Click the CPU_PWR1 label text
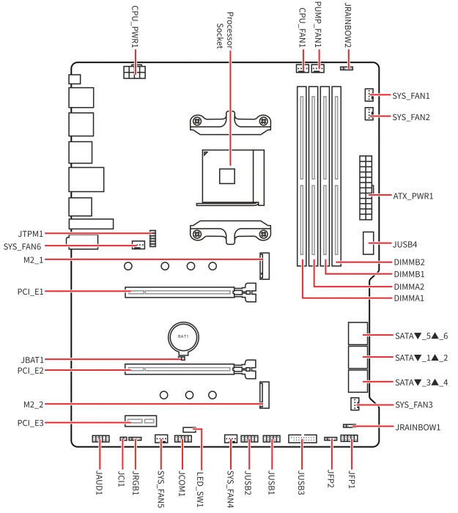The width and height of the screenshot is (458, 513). tap(135, 26)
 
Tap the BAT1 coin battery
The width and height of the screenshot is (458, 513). tap(183, 337)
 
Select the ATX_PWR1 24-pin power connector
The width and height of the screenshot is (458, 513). tap(366, 188)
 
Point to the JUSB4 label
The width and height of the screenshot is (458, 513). tap(405, 244)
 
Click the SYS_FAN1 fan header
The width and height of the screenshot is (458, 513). tap(369, 95)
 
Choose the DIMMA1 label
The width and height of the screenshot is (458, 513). tap(409, 298)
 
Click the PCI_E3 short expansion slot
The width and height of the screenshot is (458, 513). tap(141, 421)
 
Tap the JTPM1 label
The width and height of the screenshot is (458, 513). tap(31, 234)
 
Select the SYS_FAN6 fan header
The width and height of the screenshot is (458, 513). tap(138, 245)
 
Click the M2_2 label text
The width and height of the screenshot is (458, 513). tap(34, 405)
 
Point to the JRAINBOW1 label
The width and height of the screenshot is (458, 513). tap(418, 427)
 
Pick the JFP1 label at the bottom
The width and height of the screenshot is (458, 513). tap(352, 479)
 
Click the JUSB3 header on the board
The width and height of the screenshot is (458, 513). tap(302, 438)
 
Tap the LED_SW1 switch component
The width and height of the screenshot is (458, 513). tap(190, 429)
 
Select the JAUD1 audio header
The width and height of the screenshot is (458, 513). tap(100, 438)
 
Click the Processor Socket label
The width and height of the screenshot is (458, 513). tap(225, 31)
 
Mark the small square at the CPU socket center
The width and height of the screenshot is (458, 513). tap(227, 176)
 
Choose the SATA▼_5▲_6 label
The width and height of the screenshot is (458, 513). tap(421, 336)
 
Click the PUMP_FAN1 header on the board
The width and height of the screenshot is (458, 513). tap(317, 68)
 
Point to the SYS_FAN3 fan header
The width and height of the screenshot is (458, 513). tap(355, 404)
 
